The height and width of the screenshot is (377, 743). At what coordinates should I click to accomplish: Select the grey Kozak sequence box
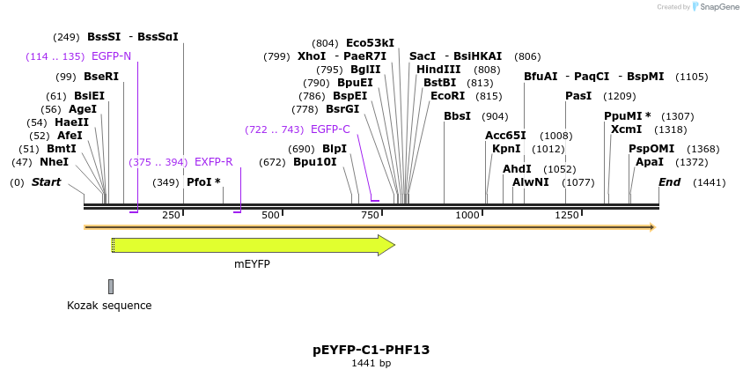(x=111, y=286)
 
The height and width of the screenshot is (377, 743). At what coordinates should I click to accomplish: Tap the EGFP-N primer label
(x=111, y=56)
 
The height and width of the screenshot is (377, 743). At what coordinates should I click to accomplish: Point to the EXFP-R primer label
(x=213, y=162)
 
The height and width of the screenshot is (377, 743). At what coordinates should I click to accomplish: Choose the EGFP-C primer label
(x=330, y=129)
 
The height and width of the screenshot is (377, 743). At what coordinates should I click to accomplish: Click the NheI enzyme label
(x=54, y=162)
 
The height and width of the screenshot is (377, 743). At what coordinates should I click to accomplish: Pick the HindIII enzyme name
(x=438, y=70)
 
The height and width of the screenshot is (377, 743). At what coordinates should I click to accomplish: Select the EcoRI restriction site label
(x=447, y=96)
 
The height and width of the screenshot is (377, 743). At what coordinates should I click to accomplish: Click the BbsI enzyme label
(x=457, y=116)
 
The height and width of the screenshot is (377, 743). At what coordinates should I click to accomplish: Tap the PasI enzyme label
(x=578, y=96)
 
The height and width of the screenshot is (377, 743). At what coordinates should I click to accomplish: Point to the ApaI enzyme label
(x=650, y=162)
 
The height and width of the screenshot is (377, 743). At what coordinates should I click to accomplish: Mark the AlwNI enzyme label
(x=531, y=182)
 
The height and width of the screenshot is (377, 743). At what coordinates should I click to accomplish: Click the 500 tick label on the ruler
(x=270, y=215)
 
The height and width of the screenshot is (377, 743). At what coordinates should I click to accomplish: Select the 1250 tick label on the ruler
(x=567, y=215)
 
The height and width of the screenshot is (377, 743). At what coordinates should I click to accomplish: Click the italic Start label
(x=47, y=182)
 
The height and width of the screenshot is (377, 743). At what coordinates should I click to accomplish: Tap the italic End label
(x=670, y=182)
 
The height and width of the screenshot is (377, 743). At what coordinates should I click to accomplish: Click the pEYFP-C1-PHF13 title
(x=371, y=350)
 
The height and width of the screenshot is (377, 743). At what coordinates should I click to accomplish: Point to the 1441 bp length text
(x=371, y=364)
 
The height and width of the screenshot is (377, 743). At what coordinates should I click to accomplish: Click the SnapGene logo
(x=715, y=7)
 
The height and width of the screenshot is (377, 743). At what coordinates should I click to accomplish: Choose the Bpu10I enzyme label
(x=315, y=162)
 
